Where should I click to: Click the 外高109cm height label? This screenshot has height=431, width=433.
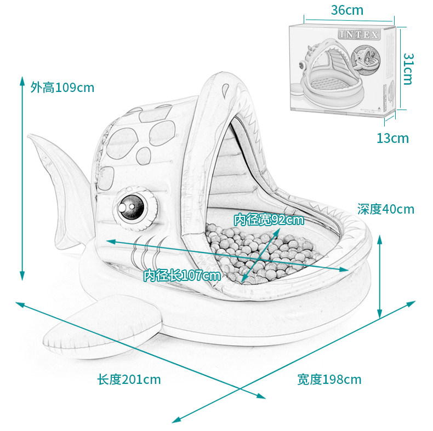62,87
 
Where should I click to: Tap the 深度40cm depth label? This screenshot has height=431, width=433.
385,209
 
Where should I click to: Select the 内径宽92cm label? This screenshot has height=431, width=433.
269,220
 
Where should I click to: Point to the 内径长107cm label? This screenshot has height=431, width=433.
182,275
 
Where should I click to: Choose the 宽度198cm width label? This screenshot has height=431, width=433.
329,379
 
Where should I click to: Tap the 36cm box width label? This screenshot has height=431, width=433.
347,10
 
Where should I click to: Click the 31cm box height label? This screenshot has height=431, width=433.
408,68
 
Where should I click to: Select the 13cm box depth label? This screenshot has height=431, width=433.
392,138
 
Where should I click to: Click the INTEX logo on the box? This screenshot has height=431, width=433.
359,35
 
